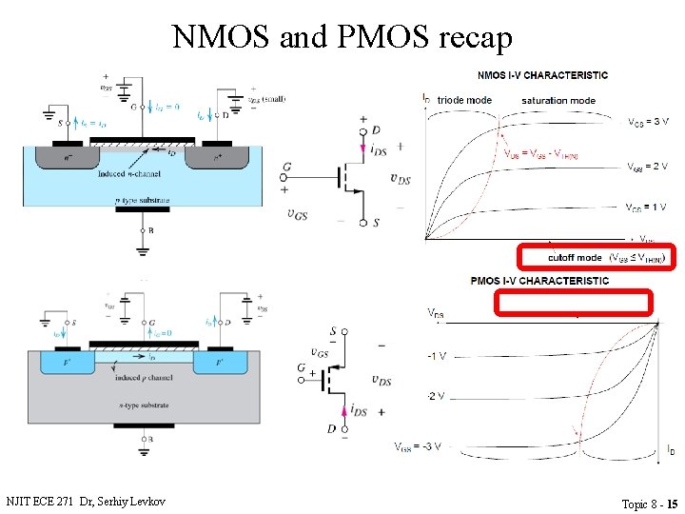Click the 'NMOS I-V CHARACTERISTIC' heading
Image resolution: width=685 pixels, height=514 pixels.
(x=543, y=75)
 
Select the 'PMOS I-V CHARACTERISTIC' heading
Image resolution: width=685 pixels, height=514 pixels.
(x=539, y=281)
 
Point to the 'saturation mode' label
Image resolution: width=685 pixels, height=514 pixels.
(x=558, y=100)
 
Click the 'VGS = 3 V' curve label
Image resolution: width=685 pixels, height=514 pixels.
(x=648, y=122)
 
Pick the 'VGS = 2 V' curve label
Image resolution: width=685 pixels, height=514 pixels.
(x=647, y=167)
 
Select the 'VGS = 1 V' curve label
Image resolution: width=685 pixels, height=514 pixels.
(x=647, y=207)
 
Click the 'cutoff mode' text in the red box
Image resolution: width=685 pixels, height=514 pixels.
(x=575, y=257)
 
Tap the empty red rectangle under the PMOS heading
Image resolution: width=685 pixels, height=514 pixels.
(x=574, y=303)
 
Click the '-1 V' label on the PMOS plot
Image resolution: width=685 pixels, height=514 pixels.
(x=436, y=356)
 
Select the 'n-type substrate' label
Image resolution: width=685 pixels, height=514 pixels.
(x=144, y=405)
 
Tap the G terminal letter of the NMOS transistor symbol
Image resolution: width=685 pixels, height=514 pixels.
(x=286, y=168)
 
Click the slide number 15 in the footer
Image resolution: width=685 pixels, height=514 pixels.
(x=672, y=503)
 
